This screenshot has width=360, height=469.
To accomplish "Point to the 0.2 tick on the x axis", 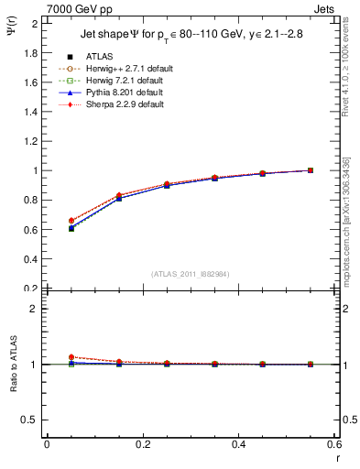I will click(x=143, y=445).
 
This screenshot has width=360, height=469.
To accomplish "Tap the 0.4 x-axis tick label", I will click(x=239, y=445).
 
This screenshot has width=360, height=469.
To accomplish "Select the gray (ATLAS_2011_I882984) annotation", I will click(x=189, y=274).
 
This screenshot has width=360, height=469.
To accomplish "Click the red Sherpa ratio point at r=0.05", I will click(x=71, y=357).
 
